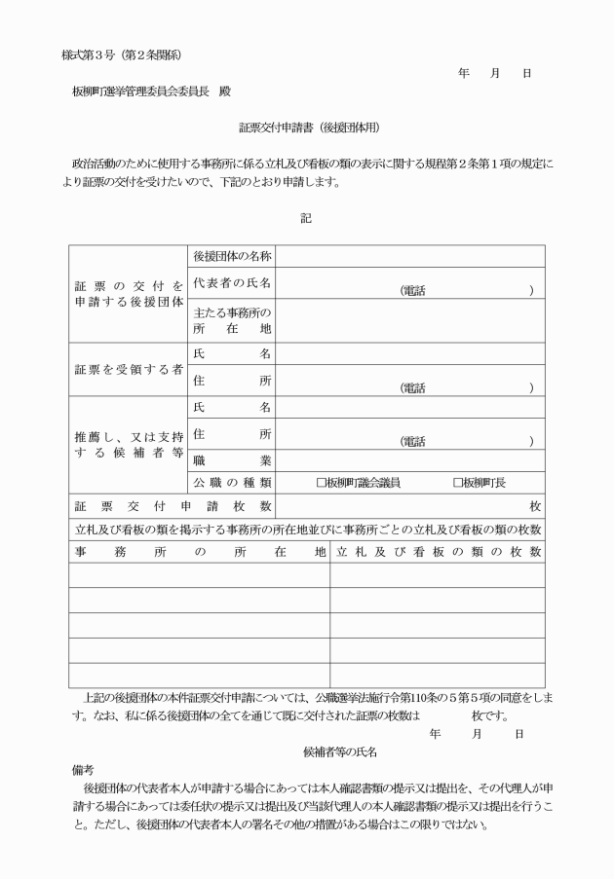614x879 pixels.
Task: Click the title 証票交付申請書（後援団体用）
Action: tap(308, 128)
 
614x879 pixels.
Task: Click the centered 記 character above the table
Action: tap(306, 218)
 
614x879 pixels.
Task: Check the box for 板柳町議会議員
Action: tap(322, 482)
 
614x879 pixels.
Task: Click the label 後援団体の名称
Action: tap(232, 257)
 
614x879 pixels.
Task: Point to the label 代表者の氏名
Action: tap(232, 283)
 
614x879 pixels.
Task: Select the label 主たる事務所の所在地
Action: tap(232, 321)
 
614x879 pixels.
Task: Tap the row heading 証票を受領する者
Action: tap(129, 370)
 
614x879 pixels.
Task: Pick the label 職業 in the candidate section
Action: tap(232, 458)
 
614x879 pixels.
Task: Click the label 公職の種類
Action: tap(232, 482)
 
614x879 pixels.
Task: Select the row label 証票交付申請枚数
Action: tap(173, 506)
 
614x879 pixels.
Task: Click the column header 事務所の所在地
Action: tap(199, 552)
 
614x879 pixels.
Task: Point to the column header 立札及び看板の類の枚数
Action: tap(438, 552)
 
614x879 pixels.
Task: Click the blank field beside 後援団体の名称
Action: tap(409, 257)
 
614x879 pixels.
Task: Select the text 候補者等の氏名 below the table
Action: tap(340, 751)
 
